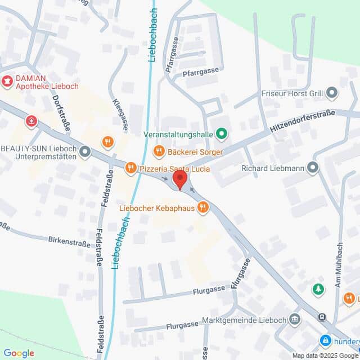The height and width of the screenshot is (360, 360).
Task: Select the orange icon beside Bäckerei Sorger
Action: pos(159,151)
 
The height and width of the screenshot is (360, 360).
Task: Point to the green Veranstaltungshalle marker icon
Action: pos(222,134)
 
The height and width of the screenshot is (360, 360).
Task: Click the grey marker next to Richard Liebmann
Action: pos(313,167)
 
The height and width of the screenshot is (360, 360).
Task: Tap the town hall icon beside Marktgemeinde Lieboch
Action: pos(295,319)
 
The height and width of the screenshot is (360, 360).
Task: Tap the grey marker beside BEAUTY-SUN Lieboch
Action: pos(85,151)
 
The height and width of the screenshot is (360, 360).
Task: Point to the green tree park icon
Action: pos(318,289)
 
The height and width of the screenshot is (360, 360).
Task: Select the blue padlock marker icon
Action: pos(325,340)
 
